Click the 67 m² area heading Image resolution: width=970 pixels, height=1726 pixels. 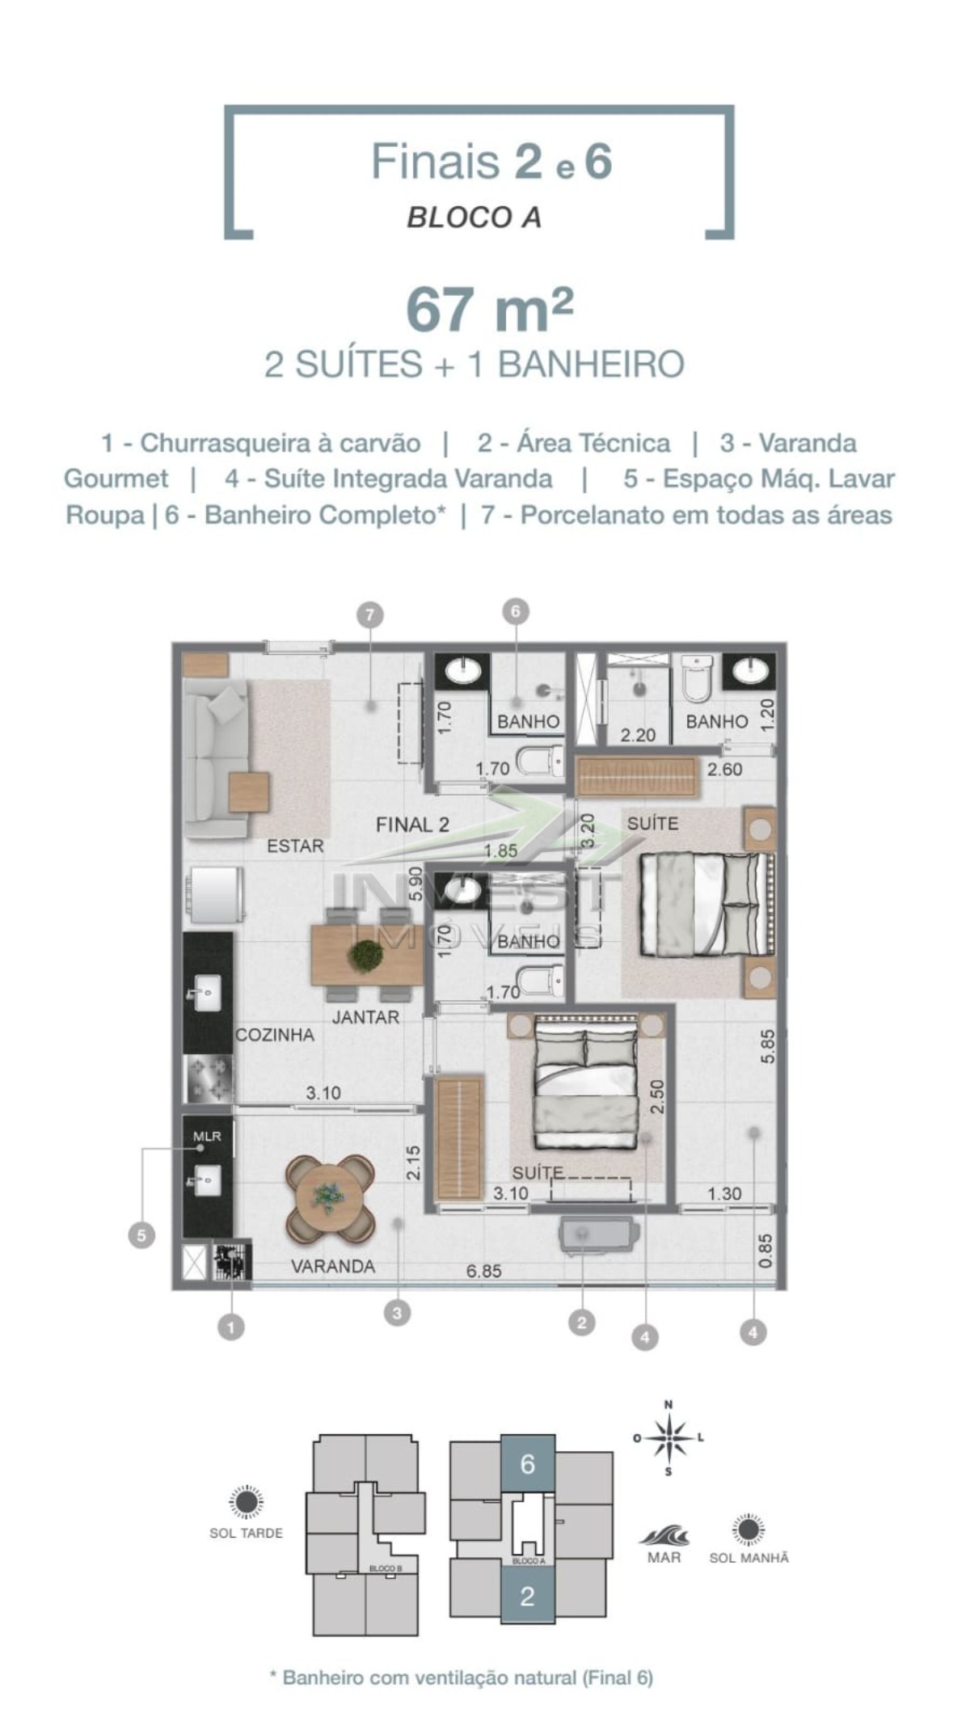489,310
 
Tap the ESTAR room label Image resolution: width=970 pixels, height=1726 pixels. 295,846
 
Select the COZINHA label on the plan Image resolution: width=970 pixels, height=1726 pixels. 274,1035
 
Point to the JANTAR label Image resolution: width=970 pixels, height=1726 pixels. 365,1017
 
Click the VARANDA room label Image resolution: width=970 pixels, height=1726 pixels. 333,1266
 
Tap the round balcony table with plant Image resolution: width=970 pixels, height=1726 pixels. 330,1198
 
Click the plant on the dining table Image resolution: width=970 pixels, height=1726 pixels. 366,955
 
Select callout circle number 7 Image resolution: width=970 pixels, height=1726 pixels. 369,615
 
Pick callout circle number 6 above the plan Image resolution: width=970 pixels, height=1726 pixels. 515,611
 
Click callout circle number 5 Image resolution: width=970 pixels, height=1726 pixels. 141,1235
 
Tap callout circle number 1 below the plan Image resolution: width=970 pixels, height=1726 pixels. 231,1327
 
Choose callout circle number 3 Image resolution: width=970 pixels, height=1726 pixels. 396,1314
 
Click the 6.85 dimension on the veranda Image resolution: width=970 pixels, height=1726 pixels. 483,1271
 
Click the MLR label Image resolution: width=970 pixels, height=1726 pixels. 206,1136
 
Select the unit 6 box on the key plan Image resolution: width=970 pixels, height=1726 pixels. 528,1463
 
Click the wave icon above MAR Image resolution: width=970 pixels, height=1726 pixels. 664,1534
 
